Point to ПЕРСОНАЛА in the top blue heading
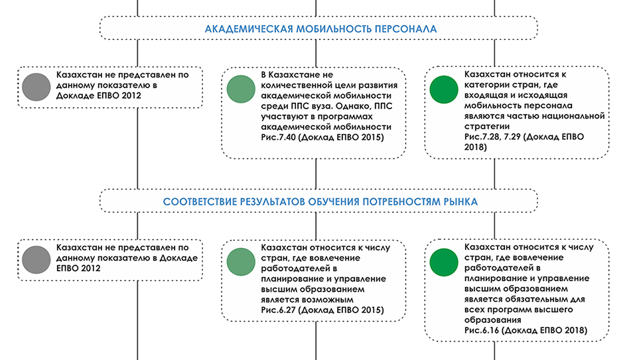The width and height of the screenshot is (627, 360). [x=405, y=29]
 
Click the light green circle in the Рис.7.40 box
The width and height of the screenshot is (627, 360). [x=241, y=89]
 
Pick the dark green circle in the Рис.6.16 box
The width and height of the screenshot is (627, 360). [x=444, y=262]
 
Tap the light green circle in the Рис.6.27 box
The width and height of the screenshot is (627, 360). [x=241, y=262]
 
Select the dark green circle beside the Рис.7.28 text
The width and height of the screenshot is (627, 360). [x=444, y=90]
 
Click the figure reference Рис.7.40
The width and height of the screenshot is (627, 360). [x=278, y=137]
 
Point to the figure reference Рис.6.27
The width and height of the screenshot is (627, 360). [x=278, y=310]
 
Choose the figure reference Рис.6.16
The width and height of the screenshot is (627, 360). [x=482, y=330]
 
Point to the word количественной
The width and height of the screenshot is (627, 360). [x=297, y=85]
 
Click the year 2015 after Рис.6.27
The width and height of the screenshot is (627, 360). [x=372, y=310]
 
